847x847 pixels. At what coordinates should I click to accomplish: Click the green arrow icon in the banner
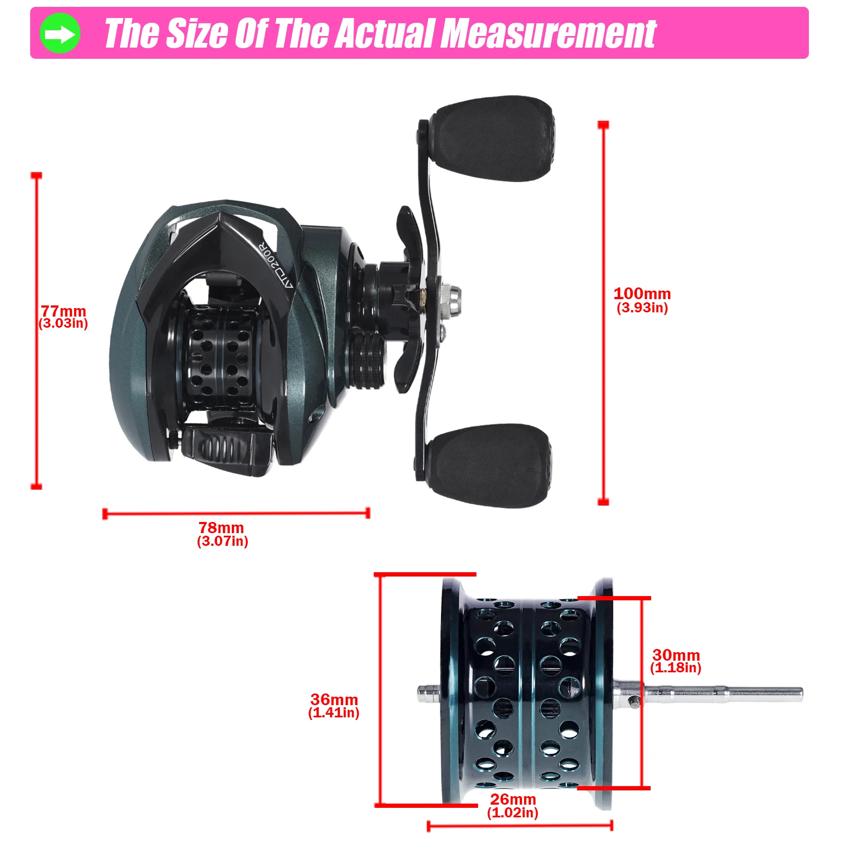pos(60,34)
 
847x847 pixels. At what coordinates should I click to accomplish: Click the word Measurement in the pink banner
pos(548,34)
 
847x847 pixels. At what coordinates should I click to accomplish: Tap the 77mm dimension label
pos(64,311)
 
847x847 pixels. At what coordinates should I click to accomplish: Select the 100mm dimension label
pos(642,293)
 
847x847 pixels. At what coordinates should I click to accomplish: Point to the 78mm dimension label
pos(221,527)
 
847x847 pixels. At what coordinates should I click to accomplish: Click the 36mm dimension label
pos(334,699)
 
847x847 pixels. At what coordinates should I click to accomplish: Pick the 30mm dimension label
pos(676,655)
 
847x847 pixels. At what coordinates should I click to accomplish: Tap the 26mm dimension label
pos(513,799)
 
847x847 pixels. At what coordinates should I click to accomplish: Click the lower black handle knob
pos(490,465)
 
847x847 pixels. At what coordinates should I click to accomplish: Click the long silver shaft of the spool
pos(709,693)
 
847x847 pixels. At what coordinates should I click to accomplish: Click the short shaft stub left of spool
pos(429,693)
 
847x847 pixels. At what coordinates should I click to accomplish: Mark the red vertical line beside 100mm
pos(603,313)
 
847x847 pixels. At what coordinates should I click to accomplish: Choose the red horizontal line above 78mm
pos(236,513)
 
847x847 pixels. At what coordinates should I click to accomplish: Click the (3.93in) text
pos(642,308)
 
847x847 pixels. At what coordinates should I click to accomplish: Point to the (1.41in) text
pos(334,713)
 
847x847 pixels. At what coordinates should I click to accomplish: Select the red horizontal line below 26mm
pos(520,825)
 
